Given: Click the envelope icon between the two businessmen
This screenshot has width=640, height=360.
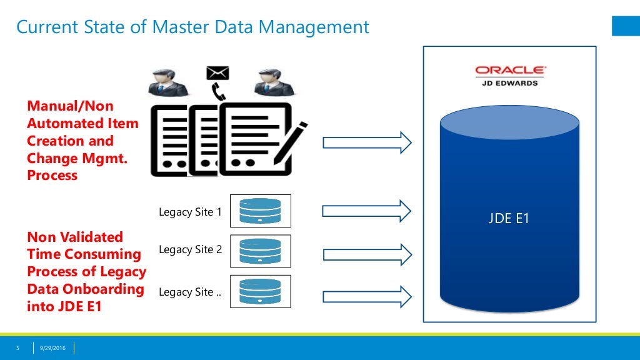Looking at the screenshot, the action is (217, 73).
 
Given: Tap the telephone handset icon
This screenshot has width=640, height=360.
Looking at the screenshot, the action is (218, 91).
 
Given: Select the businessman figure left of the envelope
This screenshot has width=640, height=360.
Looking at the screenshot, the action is (167, 82).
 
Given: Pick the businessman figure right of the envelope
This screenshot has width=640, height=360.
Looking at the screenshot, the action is (274, 82).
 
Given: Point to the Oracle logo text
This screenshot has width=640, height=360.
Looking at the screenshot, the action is (510, 70).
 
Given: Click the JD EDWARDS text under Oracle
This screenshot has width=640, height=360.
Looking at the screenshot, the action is (510, 83).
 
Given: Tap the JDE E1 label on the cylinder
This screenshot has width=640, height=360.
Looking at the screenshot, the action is (509, 218).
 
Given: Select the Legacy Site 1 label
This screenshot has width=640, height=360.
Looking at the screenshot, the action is (190, 212).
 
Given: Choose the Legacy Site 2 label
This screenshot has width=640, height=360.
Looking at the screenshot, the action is (190, 249).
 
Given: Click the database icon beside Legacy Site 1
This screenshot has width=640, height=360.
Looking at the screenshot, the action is (261, 211).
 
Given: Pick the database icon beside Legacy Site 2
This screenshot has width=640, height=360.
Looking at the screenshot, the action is (261, 251).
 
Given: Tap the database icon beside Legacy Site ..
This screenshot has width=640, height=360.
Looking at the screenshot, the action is (261, 291).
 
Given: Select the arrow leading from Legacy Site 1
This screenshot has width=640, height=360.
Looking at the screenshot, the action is (366, 211).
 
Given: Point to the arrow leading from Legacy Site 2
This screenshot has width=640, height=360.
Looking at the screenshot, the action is (367, 255).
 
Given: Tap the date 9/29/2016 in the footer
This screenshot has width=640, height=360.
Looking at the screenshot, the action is (52, 348).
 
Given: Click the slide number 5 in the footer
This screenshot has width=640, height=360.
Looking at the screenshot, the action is (17, 348).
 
